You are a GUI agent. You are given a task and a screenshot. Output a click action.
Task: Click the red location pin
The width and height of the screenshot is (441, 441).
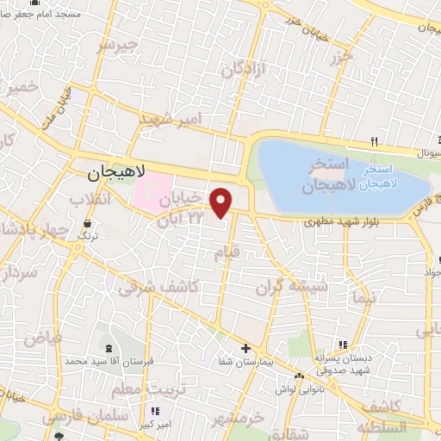221,202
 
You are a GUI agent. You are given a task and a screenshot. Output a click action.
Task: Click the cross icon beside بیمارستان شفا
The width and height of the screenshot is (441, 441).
246,349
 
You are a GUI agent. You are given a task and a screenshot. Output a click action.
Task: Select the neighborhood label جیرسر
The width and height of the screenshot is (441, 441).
118,44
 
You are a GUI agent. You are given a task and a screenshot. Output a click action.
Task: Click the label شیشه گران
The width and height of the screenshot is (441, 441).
300,286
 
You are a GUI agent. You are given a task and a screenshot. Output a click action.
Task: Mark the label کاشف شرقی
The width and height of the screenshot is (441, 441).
171,288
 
